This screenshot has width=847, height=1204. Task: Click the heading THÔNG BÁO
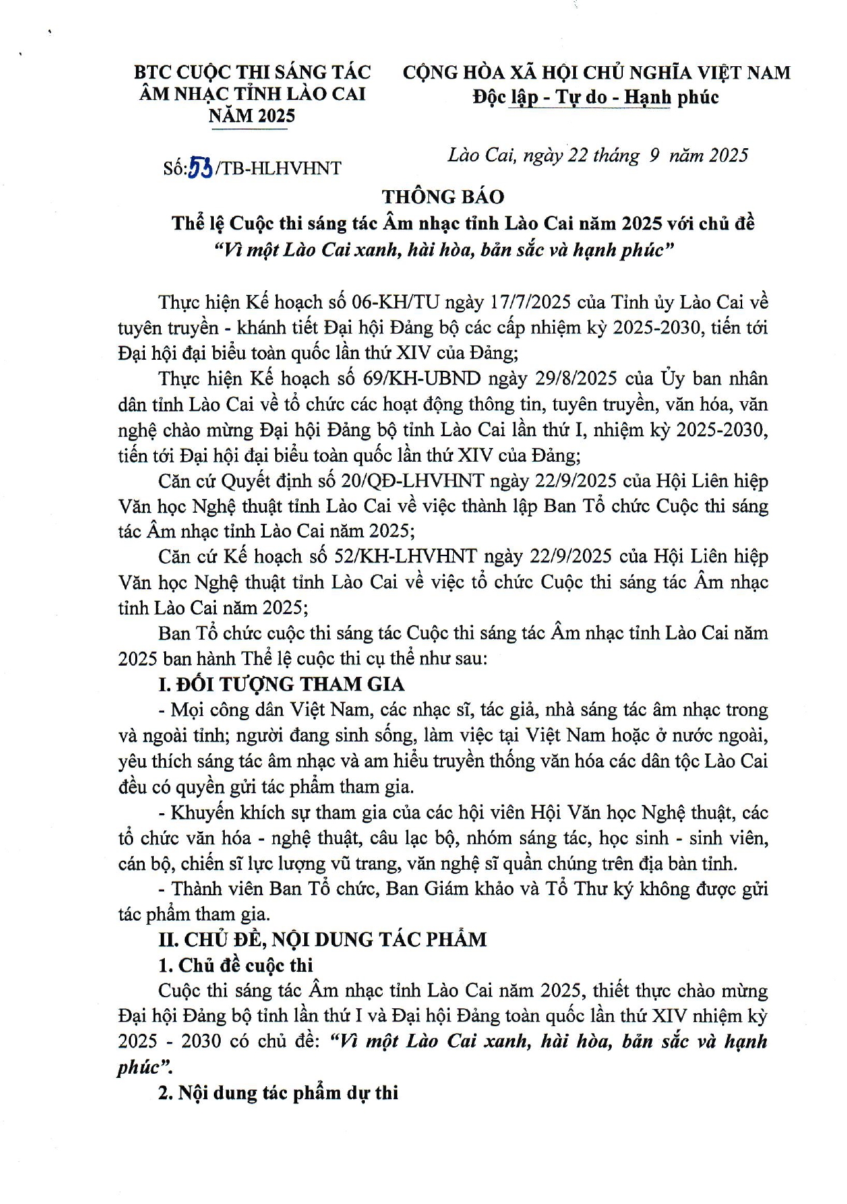point(443,197)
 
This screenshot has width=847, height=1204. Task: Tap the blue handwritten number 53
point(200,168)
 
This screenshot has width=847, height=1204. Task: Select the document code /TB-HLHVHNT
point(278,169)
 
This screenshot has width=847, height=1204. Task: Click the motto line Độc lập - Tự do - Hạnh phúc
point(595,97)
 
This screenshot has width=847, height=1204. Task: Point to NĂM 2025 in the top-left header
point(252,116)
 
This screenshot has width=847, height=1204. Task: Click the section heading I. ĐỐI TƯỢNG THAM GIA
point(281,684)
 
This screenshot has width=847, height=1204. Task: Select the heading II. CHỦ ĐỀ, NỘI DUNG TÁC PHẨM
point(322,939)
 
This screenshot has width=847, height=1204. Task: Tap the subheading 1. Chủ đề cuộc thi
point(235,966)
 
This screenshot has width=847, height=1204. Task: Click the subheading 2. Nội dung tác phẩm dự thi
point(278,1093)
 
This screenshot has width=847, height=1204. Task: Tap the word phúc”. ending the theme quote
point(145,1068)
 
